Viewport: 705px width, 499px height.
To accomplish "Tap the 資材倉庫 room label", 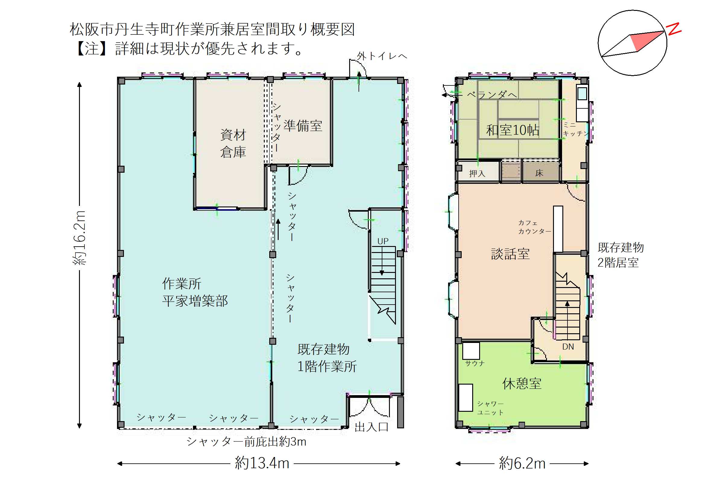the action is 233,144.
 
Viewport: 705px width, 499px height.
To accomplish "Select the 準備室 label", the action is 303,126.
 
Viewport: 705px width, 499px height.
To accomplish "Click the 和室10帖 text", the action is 513,130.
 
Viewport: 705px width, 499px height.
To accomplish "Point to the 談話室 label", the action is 510,254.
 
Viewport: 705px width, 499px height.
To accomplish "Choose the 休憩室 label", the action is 522,383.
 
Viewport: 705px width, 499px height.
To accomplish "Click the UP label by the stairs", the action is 383,242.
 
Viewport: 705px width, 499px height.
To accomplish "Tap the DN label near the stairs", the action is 568,347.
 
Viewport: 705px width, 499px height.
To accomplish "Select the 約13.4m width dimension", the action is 262,463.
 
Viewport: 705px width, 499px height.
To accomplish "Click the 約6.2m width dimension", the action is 522,463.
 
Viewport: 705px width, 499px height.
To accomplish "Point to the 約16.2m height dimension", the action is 79,238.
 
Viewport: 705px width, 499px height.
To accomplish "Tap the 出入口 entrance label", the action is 371,427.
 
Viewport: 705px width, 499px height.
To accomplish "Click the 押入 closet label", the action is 477,174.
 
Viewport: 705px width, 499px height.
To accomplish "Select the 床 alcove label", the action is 539,173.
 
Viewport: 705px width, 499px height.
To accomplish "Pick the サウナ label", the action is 475,363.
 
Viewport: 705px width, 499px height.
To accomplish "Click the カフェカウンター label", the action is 535,227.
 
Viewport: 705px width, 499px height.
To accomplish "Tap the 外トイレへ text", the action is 382,56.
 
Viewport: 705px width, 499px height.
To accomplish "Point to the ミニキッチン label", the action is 576,129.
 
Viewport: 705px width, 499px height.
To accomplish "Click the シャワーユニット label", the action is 490,408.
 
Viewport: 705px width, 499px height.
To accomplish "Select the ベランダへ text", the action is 492,95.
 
